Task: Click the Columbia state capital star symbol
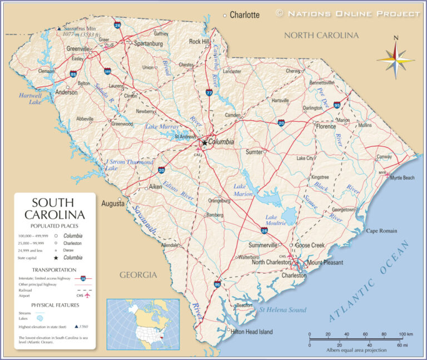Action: [x=205, y=143]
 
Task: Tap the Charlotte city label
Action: [x=245, y=15]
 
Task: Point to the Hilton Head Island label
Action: [x=252, y=332]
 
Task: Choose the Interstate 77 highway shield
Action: [x=209, y=92]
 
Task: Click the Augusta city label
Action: [x=113, y=204]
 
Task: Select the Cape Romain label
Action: [x=381, y=230]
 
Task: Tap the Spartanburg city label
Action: [x=148, y=43]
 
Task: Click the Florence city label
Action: [x=326, y=126]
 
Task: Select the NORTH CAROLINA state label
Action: [x=321, y=36]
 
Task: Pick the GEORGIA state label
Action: [x=138, y=275]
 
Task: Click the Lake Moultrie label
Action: [x=275, y=220]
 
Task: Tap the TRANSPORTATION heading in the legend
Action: [x=54, y=269]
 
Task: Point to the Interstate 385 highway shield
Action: [x=107, y=71]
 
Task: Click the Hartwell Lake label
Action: [x=30, y=98]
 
